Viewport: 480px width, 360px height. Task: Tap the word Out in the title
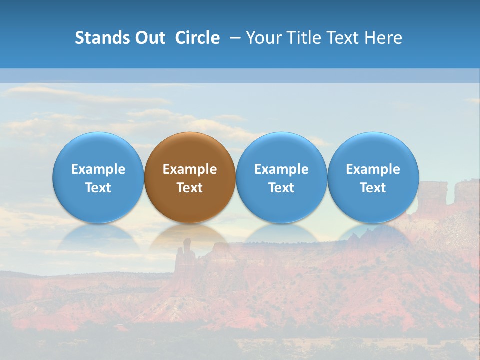149,38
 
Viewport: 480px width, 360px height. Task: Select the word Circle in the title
197,38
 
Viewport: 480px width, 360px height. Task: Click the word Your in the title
265,38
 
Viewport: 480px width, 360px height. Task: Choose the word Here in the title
383,38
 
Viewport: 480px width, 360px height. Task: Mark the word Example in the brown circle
190,169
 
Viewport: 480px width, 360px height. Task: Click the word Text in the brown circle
190,188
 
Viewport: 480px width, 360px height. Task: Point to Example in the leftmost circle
98,169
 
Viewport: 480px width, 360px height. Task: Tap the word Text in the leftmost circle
98,188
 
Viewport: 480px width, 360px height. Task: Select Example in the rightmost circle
373,169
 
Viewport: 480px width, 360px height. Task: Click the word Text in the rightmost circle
373,188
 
